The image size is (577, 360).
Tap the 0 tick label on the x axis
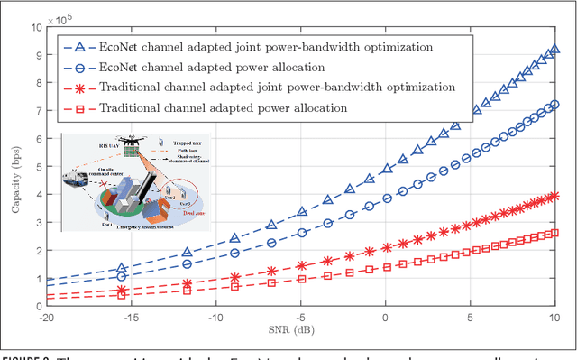[x=385, y=319]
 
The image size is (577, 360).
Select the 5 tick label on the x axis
[x=471, y=319]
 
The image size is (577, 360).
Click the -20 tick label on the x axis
[x=41, y=319]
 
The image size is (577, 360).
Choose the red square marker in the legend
[x=78, y=108]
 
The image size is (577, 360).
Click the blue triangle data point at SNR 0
[x=385, y=169]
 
